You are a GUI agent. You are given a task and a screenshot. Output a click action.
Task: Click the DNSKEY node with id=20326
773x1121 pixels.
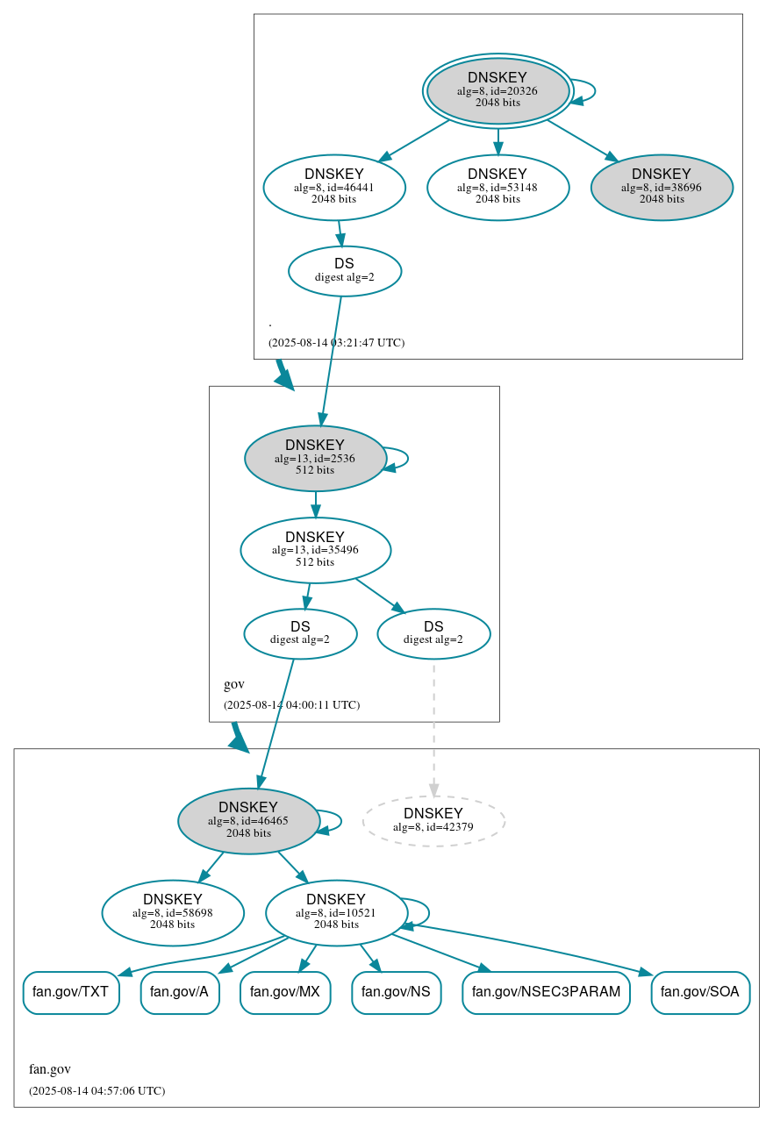coord(497,90)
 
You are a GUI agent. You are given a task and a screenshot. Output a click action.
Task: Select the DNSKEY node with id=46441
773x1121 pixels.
coord(334,187)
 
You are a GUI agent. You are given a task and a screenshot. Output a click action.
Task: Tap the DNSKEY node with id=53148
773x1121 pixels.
coord(497,187)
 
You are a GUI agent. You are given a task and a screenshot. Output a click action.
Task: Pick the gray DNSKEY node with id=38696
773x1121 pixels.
coord(662,187)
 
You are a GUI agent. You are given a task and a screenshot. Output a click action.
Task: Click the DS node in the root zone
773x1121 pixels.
coord(345,271)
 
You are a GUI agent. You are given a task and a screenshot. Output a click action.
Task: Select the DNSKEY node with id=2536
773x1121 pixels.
coord(315,458)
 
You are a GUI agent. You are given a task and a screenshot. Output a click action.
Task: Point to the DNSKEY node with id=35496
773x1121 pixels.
coord(315,550)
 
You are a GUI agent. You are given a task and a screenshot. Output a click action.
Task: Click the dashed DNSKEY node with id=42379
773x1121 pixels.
coord(433,821)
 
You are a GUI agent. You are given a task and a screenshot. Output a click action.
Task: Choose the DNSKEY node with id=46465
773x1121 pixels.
coord(248,821)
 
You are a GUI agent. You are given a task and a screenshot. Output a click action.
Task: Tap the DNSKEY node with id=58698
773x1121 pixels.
coord(173,913)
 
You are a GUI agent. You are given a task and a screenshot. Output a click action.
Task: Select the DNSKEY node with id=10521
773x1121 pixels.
coord(336,913)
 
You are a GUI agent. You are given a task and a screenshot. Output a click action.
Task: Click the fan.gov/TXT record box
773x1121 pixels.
coord(70,992)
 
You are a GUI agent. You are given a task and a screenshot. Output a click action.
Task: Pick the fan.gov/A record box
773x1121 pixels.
coord(180,992)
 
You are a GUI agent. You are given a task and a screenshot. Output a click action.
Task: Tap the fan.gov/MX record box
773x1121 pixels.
coord(285,992)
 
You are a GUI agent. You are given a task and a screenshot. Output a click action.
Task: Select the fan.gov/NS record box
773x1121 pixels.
coord(396,992)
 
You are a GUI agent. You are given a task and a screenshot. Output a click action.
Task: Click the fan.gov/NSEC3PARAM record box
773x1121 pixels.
coord(546,992)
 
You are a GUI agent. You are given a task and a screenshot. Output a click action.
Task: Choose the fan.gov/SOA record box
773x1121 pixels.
coord(700,992)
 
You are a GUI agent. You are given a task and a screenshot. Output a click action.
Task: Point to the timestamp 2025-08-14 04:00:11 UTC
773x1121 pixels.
coord(291,704)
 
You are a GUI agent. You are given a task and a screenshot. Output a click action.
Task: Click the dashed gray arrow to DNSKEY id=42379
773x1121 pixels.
coord(433,728)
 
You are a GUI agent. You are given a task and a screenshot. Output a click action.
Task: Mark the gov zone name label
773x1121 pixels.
coord(234,684)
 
